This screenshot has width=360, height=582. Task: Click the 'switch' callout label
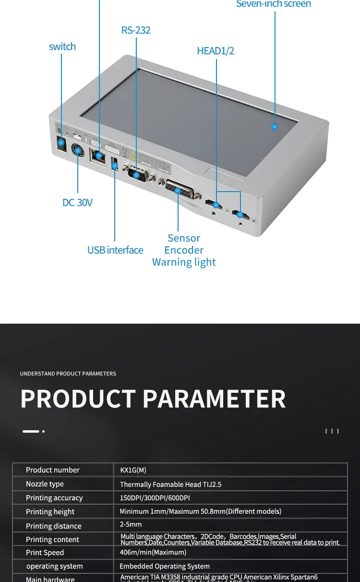[62, 47]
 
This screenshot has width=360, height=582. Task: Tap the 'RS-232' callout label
[136, 30]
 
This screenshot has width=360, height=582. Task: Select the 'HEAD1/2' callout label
[216, 51]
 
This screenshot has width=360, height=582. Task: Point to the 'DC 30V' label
[77, 203]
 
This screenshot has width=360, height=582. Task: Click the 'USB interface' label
[115, 250]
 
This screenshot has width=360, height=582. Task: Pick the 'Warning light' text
[184, 262]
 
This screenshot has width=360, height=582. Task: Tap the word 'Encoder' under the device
[184, 250]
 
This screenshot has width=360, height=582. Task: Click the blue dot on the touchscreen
[275, 127]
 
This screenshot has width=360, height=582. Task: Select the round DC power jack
[78, 151]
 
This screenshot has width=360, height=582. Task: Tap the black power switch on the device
[61, 143]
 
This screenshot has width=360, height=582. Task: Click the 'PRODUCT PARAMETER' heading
[153, 399]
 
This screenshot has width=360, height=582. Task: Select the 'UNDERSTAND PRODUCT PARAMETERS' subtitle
[68, 374]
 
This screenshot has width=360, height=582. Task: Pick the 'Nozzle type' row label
[45, 484]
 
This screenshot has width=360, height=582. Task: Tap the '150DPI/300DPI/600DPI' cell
[155, 498]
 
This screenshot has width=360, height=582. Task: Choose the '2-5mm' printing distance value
[131, 524]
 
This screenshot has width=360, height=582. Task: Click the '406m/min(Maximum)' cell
[153, 552]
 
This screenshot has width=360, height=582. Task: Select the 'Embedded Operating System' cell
[164, 566]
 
